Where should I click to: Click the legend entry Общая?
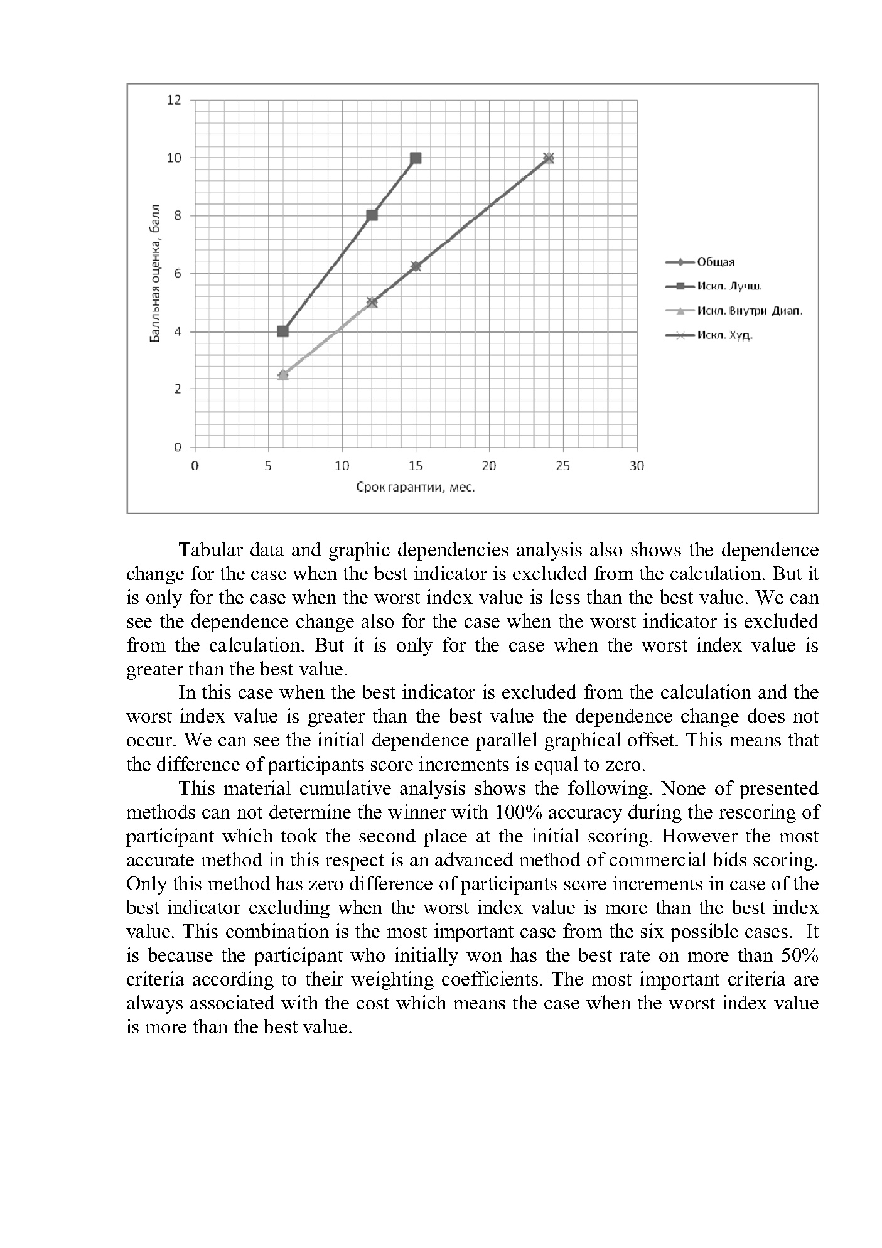click(x=716, y=262)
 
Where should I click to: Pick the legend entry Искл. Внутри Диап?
click(x=750, y=311)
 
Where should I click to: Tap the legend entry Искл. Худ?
click(x=724, y=335)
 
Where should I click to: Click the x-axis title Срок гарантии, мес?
click(x=416, y=487)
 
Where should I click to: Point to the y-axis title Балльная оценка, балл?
click(x=155, y=274)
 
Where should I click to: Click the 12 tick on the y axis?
click(x=174, y=100)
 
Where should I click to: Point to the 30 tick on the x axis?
click(x=637, y=466)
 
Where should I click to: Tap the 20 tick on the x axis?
click(x=489, y=466)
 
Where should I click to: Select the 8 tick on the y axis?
click(x=178, y=216)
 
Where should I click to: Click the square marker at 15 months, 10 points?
click(x=416, y=158)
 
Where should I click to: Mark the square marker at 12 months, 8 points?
click(x=372, y=215)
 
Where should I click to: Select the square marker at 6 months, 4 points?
click(x=283, y=331)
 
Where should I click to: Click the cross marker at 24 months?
click(x=549, y=158)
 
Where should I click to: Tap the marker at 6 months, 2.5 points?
click(x=283, y=375)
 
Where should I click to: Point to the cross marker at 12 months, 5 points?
click(x=372, y=303)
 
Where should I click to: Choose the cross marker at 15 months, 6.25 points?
click(x=416, y=266)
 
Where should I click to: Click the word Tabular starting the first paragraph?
click(x=210, y=550)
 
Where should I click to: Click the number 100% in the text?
click(x=515, y=812)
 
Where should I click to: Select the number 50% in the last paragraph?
click(x=799, y=955)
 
